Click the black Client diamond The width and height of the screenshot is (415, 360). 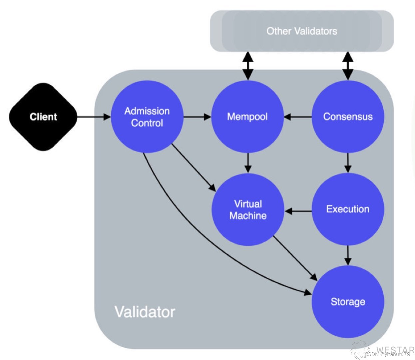coord(43,117)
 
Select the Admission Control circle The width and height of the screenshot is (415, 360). coord(147,117)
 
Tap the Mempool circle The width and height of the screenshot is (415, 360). coord(247,117)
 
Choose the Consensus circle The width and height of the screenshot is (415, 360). coord(348,117)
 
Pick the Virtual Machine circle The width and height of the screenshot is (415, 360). coord(248,210)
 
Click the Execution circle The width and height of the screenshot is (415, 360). coord(348,209)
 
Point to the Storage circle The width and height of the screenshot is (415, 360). coord(348,302)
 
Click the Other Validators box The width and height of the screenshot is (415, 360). coord(302,31)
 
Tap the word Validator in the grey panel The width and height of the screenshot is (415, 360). coord(145,312)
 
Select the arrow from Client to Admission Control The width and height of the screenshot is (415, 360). coord(94,117)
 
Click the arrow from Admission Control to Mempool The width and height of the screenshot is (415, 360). coord(198,117)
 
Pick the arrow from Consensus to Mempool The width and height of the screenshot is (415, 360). coord(298,117)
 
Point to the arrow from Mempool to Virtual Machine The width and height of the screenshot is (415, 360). coord(248,163)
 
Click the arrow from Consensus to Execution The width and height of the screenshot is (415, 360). coord(348,163)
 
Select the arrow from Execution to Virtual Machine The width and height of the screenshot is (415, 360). coord(298,211)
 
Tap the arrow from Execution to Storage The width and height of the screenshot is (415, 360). coord(348,255)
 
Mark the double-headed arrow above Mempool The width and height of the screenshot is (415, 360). coord(248,66)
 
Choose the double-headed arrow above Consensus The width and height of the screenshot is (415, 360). coord(348,66)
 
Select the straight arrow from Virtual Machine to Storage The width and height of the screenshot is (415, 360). coord(295,258)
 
